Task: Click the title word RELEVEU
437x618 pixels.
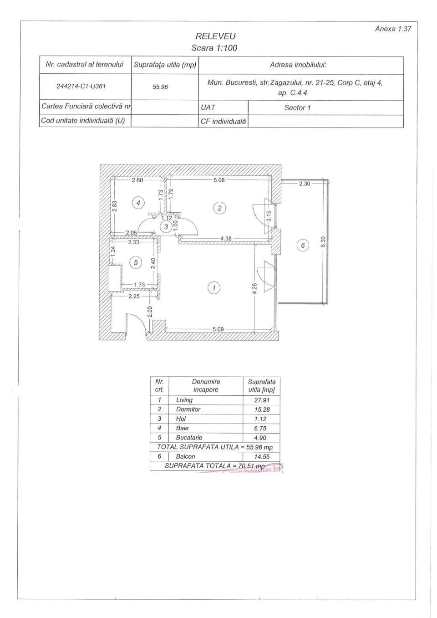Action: click(215, 36)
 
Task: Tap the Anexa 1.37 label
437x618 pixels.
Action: click(393, 28)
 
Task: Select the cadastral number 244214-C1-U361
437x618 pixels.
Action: click(81, 86)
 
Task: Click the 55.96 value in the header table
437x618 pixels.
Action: click(160, 87)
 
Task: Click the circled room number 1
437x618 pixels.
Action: click(213, 287)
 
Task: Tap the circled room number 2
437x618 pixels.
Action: click(219, 208)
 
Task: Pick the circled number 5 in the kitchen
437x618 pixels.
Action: click(136, 262)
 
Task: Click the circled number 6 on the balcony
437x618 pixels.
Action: click(303, 245)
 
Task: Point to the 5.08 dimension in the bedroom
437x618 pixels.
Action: click(219, 180)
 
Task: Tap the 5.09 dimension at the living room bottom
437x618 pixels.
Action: click(218, 329)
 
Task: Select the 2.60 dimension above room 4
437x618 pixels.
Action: click(137, 180)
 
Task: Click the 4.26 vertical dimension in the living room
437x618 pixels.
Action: click(254, 288)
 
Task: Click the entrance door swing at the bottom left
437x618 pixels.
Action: click(136, 324)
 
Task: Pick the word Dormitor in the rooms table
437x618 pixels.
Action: click(188, 409)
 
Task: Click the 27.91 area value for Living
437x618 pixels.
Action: click(262, 400)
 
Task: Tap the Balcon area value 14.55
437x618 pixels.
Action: click(262, 456)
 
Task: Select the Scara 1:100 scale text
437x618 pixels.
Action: click(214, 48)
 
